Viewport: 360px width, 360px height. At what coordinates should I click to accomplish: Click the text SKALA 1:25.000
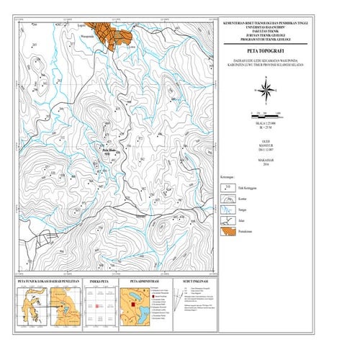[266, 124]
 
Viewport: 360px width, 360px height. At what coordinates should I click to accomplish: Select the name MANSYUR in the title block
[266, 147]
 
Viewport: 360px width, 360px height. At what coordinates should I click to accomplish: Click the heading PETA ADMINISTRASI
[144, 282]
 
